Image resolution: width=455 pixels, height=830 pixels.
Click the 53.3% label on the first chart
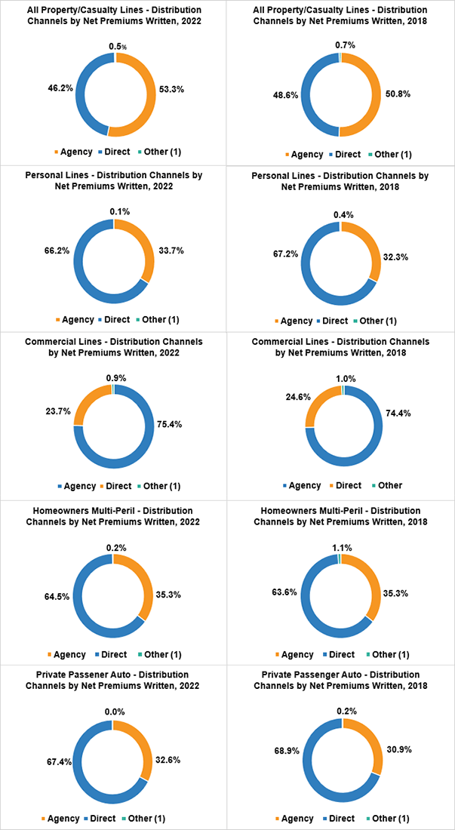point(172,88)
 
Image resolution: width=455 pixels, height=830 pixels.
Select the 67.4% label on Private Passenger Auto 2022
point(58,762)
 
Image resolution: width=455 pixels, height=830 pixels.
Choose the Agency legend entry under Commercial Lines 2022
point(75,486)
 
